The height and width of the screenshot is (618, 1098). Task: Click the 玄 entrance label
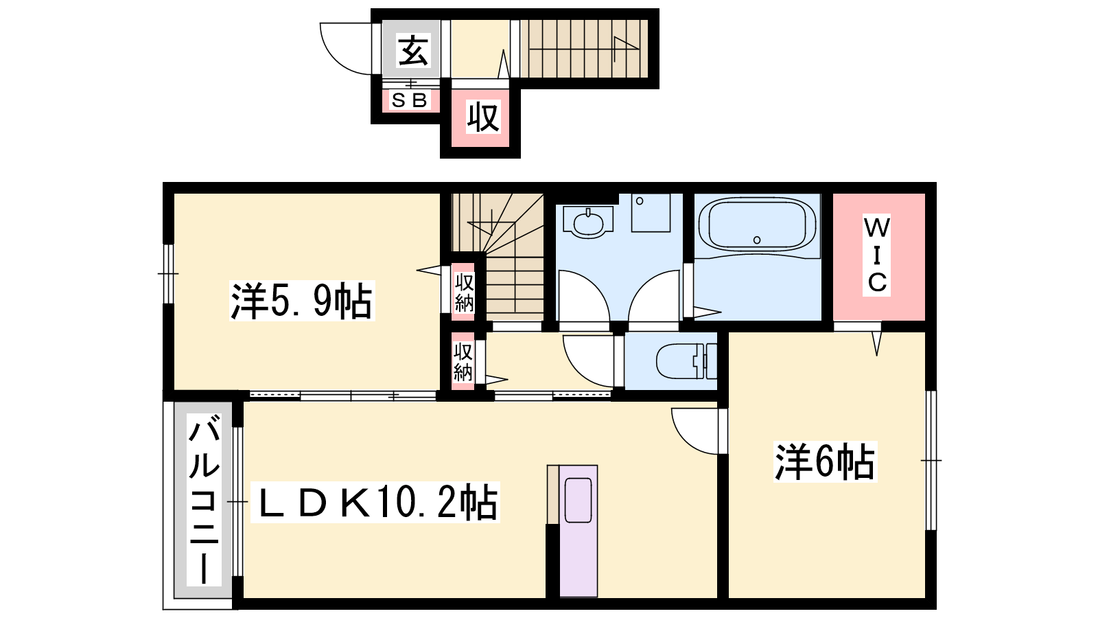tap(413, 51)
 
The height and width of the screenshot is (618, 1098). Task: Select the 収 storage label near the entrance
tap(483, 117)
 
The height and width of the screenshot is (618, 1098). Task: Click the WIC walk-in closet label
tap(877, 255)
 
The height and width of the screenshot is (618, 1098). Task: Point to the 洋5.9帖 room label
tap(301, 301)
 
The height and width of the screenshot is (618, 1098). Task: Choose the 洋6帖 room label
tap(825, 461)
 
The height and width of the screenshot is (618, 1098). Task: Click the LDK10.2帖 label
tap(375, 502)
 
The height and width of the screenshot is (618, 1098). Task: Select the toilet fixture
tap(686, 361)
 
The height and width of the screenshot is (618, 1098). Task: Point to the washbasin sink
tap(587, 222)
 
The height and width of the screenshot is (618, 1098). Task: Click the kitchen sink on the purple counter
tap(579, 500)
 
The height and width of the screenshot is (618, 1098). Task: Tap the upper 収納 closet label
tap(464, 293)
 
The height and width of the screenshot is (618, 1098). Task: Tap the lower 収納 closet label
tap(463, 362)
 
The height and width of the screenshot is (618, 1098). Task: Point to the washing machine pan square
tap(651, 213)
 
